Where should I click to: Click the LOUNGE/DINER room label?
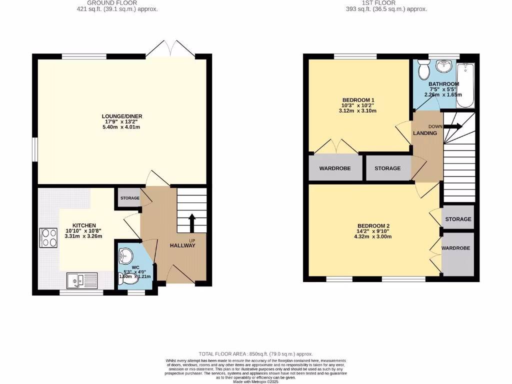pyautogui.click(x=122, y=116)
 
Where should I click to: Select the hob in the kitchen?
pyautogui.click(x=48, y=237)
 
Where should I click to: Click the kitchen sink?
pyautogui.click(x=83, y=281)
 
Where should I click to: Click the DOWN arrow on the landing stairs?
pyautogui.click(x=453, y=126)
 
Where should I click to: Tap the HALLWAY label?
pyautogui.click(x=182, y=245)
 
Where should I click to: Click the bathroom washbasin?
pyautogui.click(x=443, y=66)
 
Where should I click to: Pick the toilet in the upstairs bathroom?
pyautogui.click(x=423, y=67)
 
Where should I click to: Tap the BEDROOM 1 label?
pyautogui.click(x=358, y=100)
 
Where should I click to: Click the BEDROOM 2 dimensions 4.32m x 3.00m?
pyautogui.click(x=373, y=236)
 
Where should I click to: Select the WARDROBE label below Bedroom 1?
pyautogui.click(x=335, y=168)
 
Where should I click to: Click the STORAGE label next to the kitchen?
pyautogui.click(x=130, y=198)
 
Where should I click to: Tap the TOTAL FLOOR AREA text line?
pyautogui.click(x=255, y=353)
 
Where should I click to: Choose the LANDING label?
pyautogui.click(x=425, y=133)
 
